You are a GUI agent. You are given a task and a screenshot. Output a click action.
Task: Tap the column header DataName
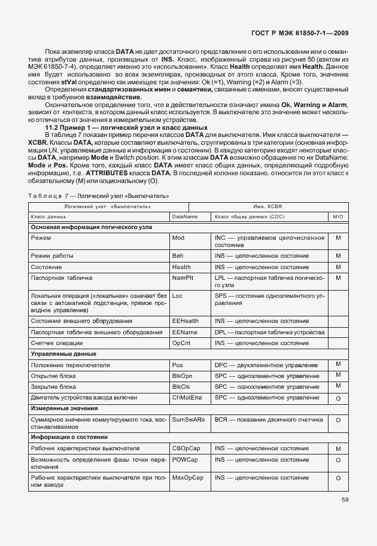(184, 216)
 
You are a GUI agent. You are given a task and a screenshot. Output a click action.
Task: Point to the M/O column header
(338, 216)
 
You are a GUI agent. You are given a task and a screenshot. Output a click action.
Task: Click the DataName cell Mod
(178, 237)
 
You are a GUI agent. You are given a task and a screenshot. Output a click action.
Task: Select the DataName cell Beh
(178, 256)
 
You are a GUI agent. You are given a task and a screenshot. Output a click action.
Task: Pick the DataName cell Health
(181, 267)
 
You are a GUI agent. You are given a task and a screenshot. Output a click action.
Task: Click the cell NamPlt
(182, 278)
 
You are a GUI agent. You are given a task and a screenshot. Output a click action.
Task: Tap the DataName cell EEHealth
(185, 321)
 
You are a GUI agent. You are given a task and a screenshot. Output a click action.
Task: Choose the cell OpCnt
(181, 343)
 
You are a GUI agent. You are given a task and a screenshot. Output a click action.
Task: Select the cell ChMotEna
(187, 397)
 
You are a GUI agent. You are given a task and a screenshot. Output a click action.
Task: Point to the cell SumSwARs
(188, 420)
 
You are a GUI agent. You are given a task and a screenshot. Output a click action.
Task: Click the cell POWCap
(185, 459)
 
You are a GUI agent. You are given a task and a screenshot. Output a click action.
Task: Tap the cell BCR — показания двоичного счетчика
(269, 420)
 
